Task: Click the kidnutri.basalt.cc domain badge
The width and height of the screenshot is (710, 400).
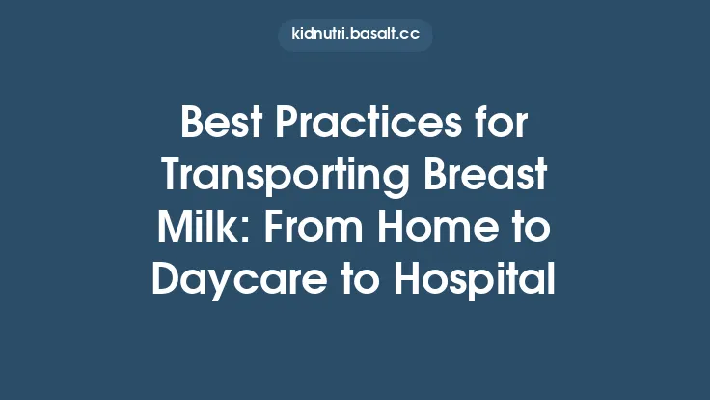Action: click(x=354, y=36)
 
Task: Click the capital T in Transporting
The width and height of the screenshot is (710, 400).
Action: click(x=172, y=179)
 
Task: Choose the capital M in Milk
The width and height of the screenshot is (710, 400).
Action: click(x=172, y=229)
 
